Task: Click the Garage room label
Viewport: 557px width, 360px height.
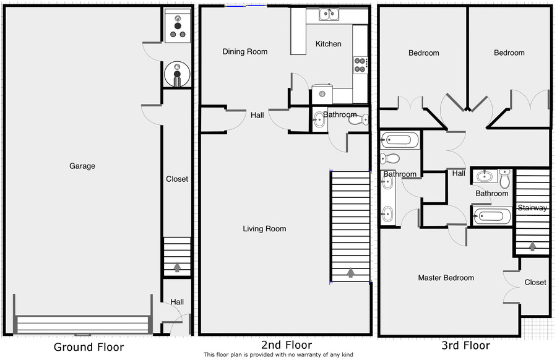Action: tap(82, 166)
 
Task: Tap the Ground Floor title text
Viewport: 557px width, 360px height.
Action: tap(89, 347)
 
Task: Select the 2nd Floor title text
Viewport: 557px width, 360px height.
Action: tap(287, 345)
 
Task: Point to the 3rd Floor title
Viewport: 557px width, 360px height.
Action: tap(465, 345)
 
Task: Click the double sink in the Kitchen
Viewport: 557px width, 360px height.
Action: tap(329, 14)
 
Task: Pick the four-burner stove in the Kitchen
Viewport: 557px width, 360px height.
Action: tap(360, 65)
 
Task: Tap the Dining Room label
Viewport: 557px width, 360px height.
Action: tap(244, 51)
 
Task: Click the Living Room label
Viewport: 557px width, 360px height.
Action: tap(264, 229)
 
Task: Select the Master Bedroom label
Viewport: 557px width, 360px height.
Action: tap(446, 278)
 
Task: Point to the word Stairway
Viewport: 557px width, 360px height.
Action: tap(532, 208)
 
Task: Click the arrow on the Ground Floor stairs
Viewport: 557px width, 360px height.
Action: tap(177, 267)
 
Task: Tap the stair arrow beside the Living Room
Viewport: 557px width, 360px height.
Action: tap(351, 272)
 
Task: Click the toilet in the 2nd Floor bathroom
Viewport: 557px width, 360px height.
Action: tap(358, 119)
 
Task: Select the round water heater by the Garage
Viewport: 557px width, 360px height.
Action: tap(177, 74)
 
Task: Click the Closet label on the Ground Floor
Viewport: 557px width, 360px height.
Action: tap(177, 179)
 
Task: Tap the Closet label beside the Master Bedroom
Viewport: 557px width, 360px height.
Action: tap(535, 282)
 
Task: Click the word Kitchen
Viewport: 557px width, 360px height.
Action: tap(328, 44)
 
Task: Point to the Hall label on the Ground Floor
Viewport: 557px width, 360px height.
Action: tap(177, 302)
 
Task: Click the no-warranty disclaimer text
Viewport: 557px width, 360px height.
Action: tap(278, 354)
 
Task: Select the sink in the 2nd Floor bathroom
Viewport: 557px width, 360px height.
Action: tap(318, 119)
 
